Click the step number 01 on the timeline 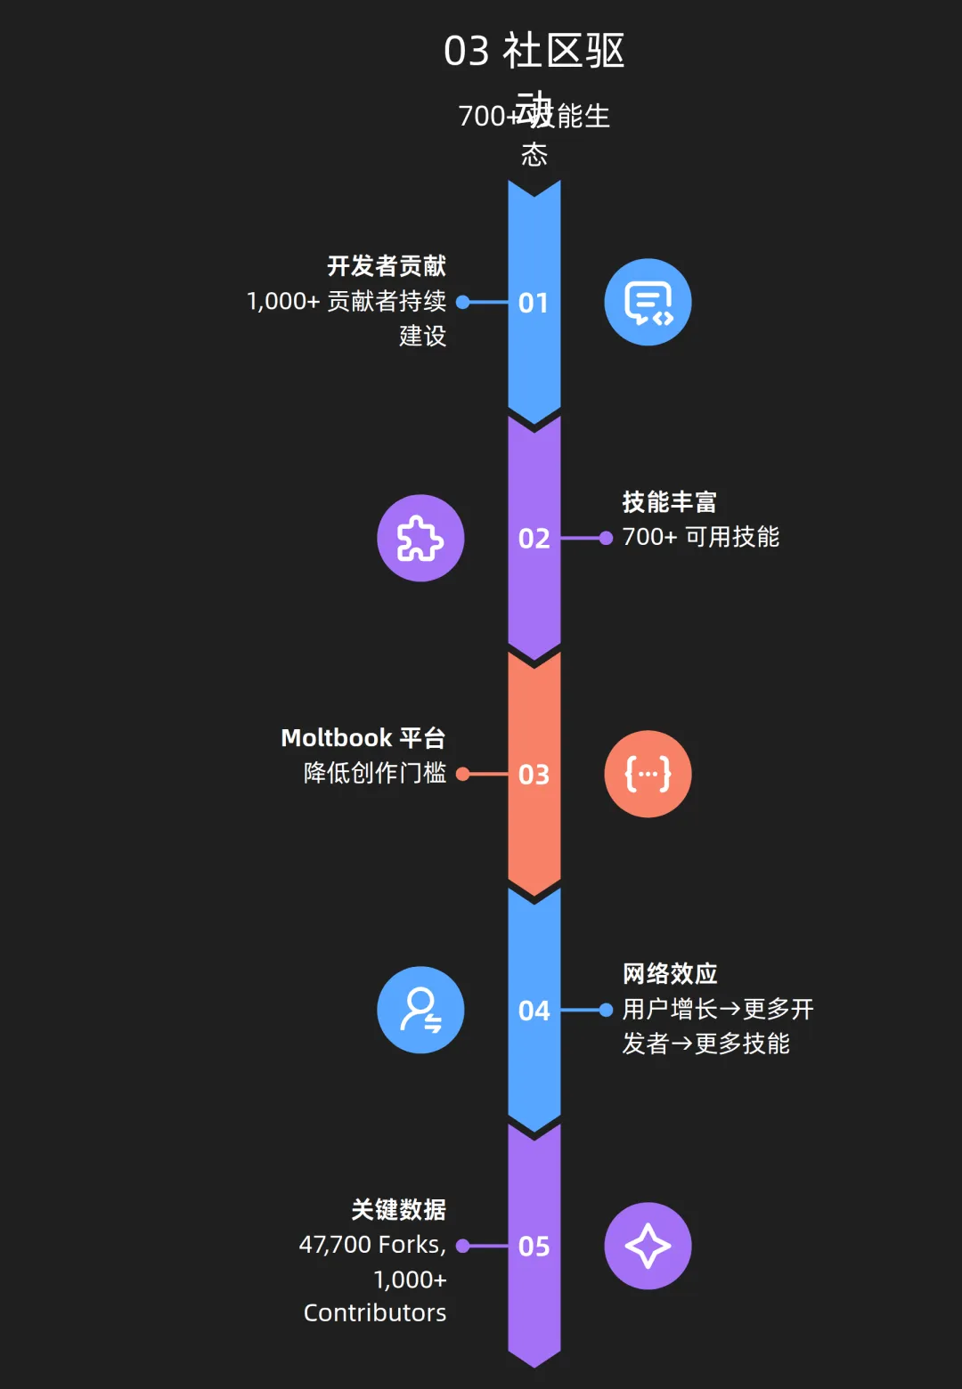pos(534,303)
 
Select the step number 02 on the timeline pos(534,539)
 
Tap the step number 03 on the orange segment pos(534,775)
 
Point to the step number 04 pos(534,1011)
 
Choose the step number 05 pos(534,1247)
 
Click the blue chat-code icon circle pos(648,303)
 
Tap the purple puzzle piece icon pos(420,539)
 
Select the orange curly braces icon pos(648,775)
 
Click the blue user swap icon pos(420,1011)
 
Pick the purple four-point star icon pos(648,1247)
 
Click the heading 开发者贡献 pos(387,266)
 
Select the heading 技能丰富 pos(669,502)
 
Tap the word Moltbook pos(336,738)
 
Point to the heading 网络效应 pos(670,974)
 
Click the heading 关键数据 pos(398,1210)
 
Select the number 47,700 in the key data pos(334,1245)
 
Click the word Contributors pos(375,1313)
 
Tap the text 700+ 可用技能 pos(701,537)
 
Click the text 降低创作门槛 pos(375,773)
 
